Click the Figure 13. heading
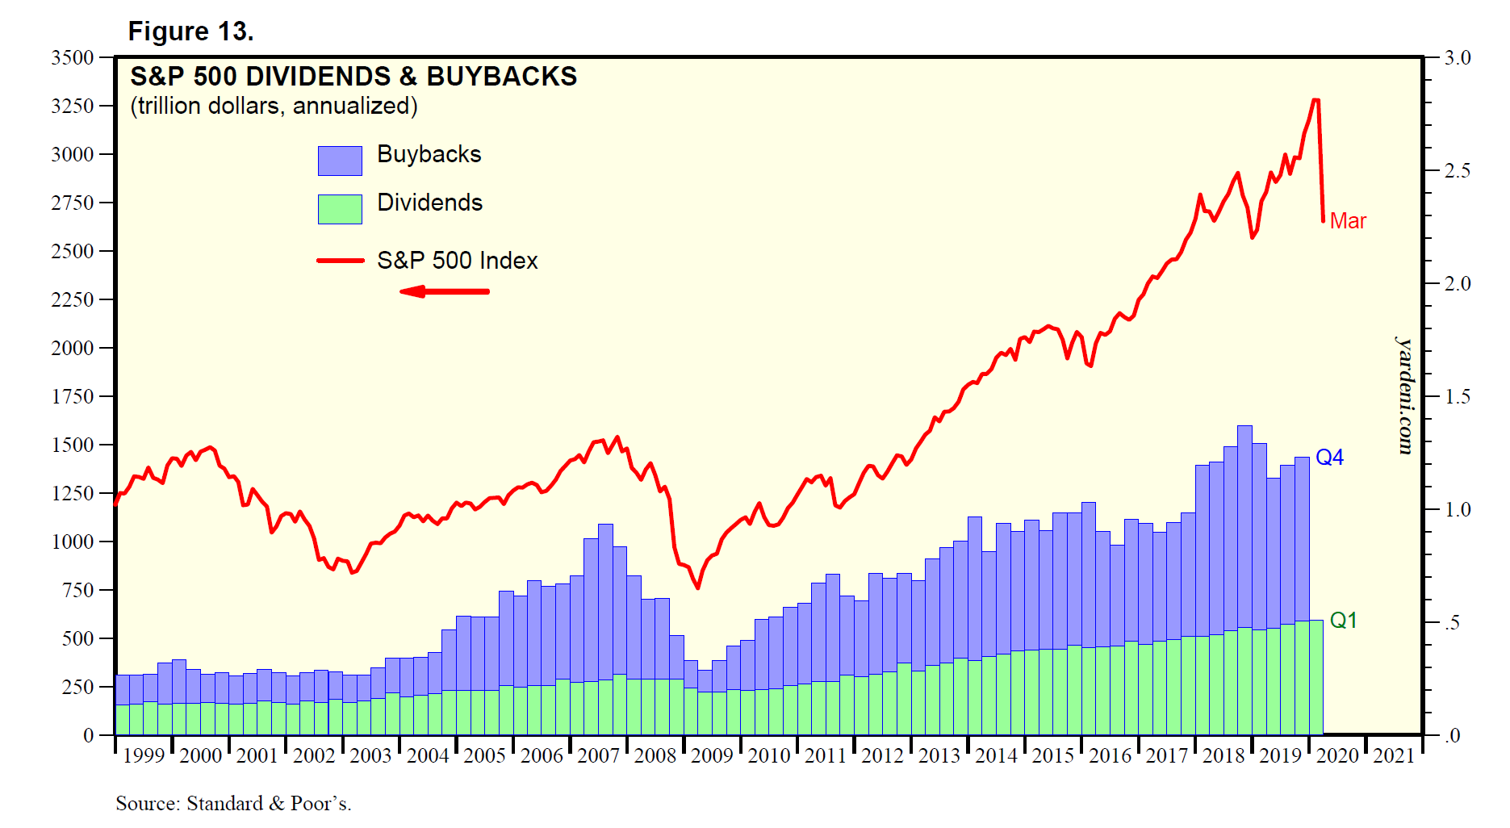(191, 31)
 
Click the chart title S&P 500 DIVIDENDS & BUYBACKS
(353, 77)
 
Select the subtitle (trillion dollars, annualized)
(274, 106)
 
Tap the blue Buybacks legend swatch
(340, 161)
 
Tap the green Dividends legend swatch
(340, 209)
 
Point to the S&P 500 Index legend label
(457, 261)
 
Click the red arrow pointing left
(444, 291)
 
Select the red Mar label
(1348, 221)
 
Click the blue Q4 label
(1329, 458)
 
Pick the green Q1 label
(1343, 620)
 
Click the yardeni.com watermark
(1406, 395)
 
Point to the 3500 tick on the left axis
(73, 58)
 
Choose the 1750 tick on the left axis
(73, 396)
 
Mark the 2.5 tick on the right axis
(1458, 171)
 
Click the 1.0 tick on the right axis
(1458, 510)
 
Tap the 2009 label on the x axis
(712, 756)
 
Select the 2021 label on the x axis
(1394, 756)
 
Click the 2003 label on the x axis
(370, 756)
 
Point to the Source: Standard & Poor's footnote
(233, 804)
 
